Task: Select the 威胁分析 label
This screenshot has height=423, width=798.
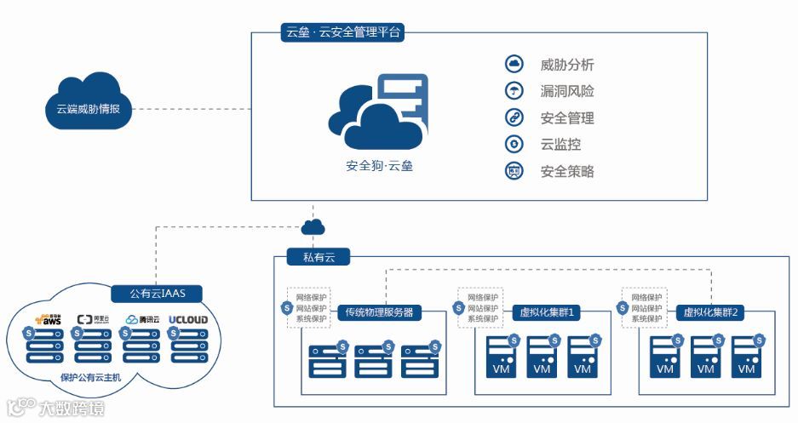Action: tap(567, 65)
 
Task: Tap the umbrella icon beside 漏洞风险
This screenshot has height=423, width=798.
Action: tap(514, 91)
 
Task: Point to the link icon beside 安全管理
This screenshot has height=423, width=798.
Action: tap(514, 117)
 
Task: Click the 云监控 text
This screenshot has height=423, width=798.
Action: tap(560, 145)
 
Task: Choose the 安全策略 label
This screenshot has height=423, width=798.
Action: tap(567, 171)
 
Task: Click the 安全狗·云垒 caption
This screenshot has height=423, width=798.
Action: tap(379, 166)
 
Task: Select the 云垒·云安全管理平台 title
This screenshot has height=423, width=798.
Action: tap(342, 33)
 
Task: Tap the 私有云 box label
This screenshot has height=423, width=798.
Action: tap(307, 256)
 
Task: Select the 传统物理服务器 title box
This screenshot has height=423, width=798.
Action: tap(380, 312)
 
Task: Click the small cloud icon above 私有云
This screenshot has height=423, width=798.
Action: tap(313, 226)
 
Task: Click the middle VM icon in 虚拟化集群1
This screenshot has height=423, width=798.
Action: tap(541, 357)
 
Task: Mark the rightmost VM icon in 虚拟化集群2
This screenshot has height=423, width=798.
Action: tap(746, 357)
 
